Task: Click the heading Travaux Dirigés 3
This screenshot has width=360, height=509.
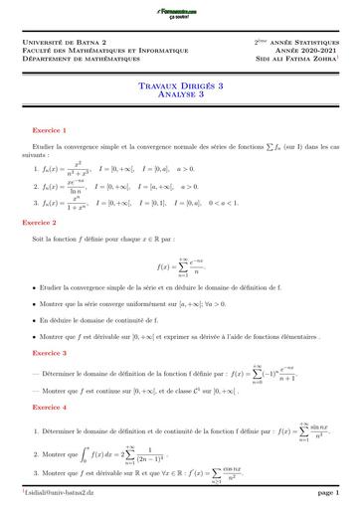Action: point(179,87)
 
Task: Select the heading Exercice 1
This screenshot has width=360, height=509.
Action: point(49,129)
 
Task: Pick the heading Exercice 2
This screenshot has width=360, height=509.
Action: point(49,224)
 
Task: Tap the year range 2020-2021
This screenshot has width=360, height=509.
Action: point(317,52)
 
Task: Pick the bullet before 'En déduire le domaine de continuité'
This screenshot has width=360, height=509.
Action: point(33,320)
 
